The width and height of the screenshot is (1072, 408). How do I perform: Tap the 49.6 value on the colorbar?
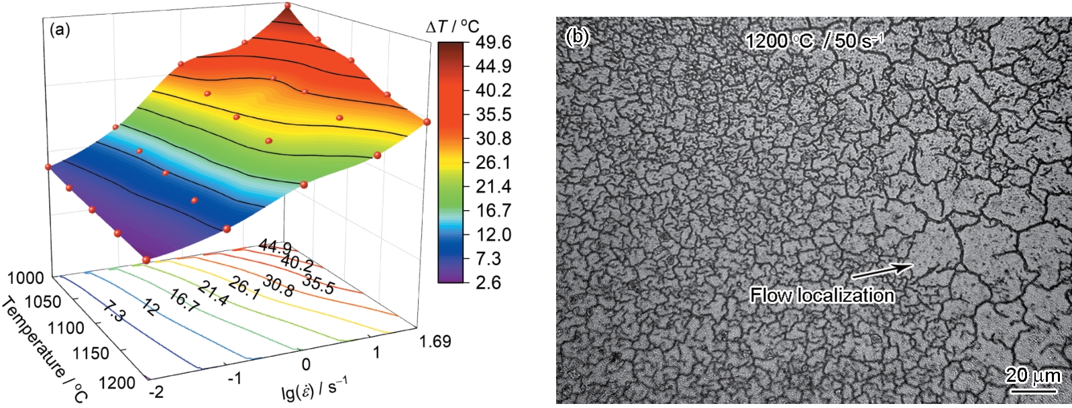click(494, 42)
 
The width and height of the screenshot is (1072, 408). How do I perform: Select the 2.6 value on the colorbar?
click(488, 283)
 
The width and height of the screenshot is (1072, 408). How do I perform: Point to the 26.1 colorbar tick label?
click(494, 162)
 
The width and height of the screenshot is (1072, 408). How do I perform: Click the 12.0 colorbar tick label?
click(494, 235)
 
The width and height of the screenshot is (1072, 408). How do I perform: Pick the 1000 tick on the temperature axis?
click(28, 278)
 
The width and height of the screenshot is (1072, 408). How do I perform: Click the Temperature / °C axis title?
click(44, 349)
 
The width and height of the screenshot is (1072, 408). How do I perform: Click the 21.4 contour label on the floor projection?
click(214, 293)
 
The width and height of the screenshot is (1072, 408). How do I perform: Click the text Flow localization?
click(822, 295)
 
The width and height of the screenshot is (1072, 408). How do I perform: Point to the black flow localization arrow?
click(881, 270)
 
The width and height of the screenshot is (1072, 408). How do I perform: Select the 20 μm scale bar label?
click(1033, 376)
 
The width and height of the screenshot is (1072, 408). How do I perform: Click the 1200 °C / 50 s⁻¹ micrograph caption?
click(814, 42)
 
